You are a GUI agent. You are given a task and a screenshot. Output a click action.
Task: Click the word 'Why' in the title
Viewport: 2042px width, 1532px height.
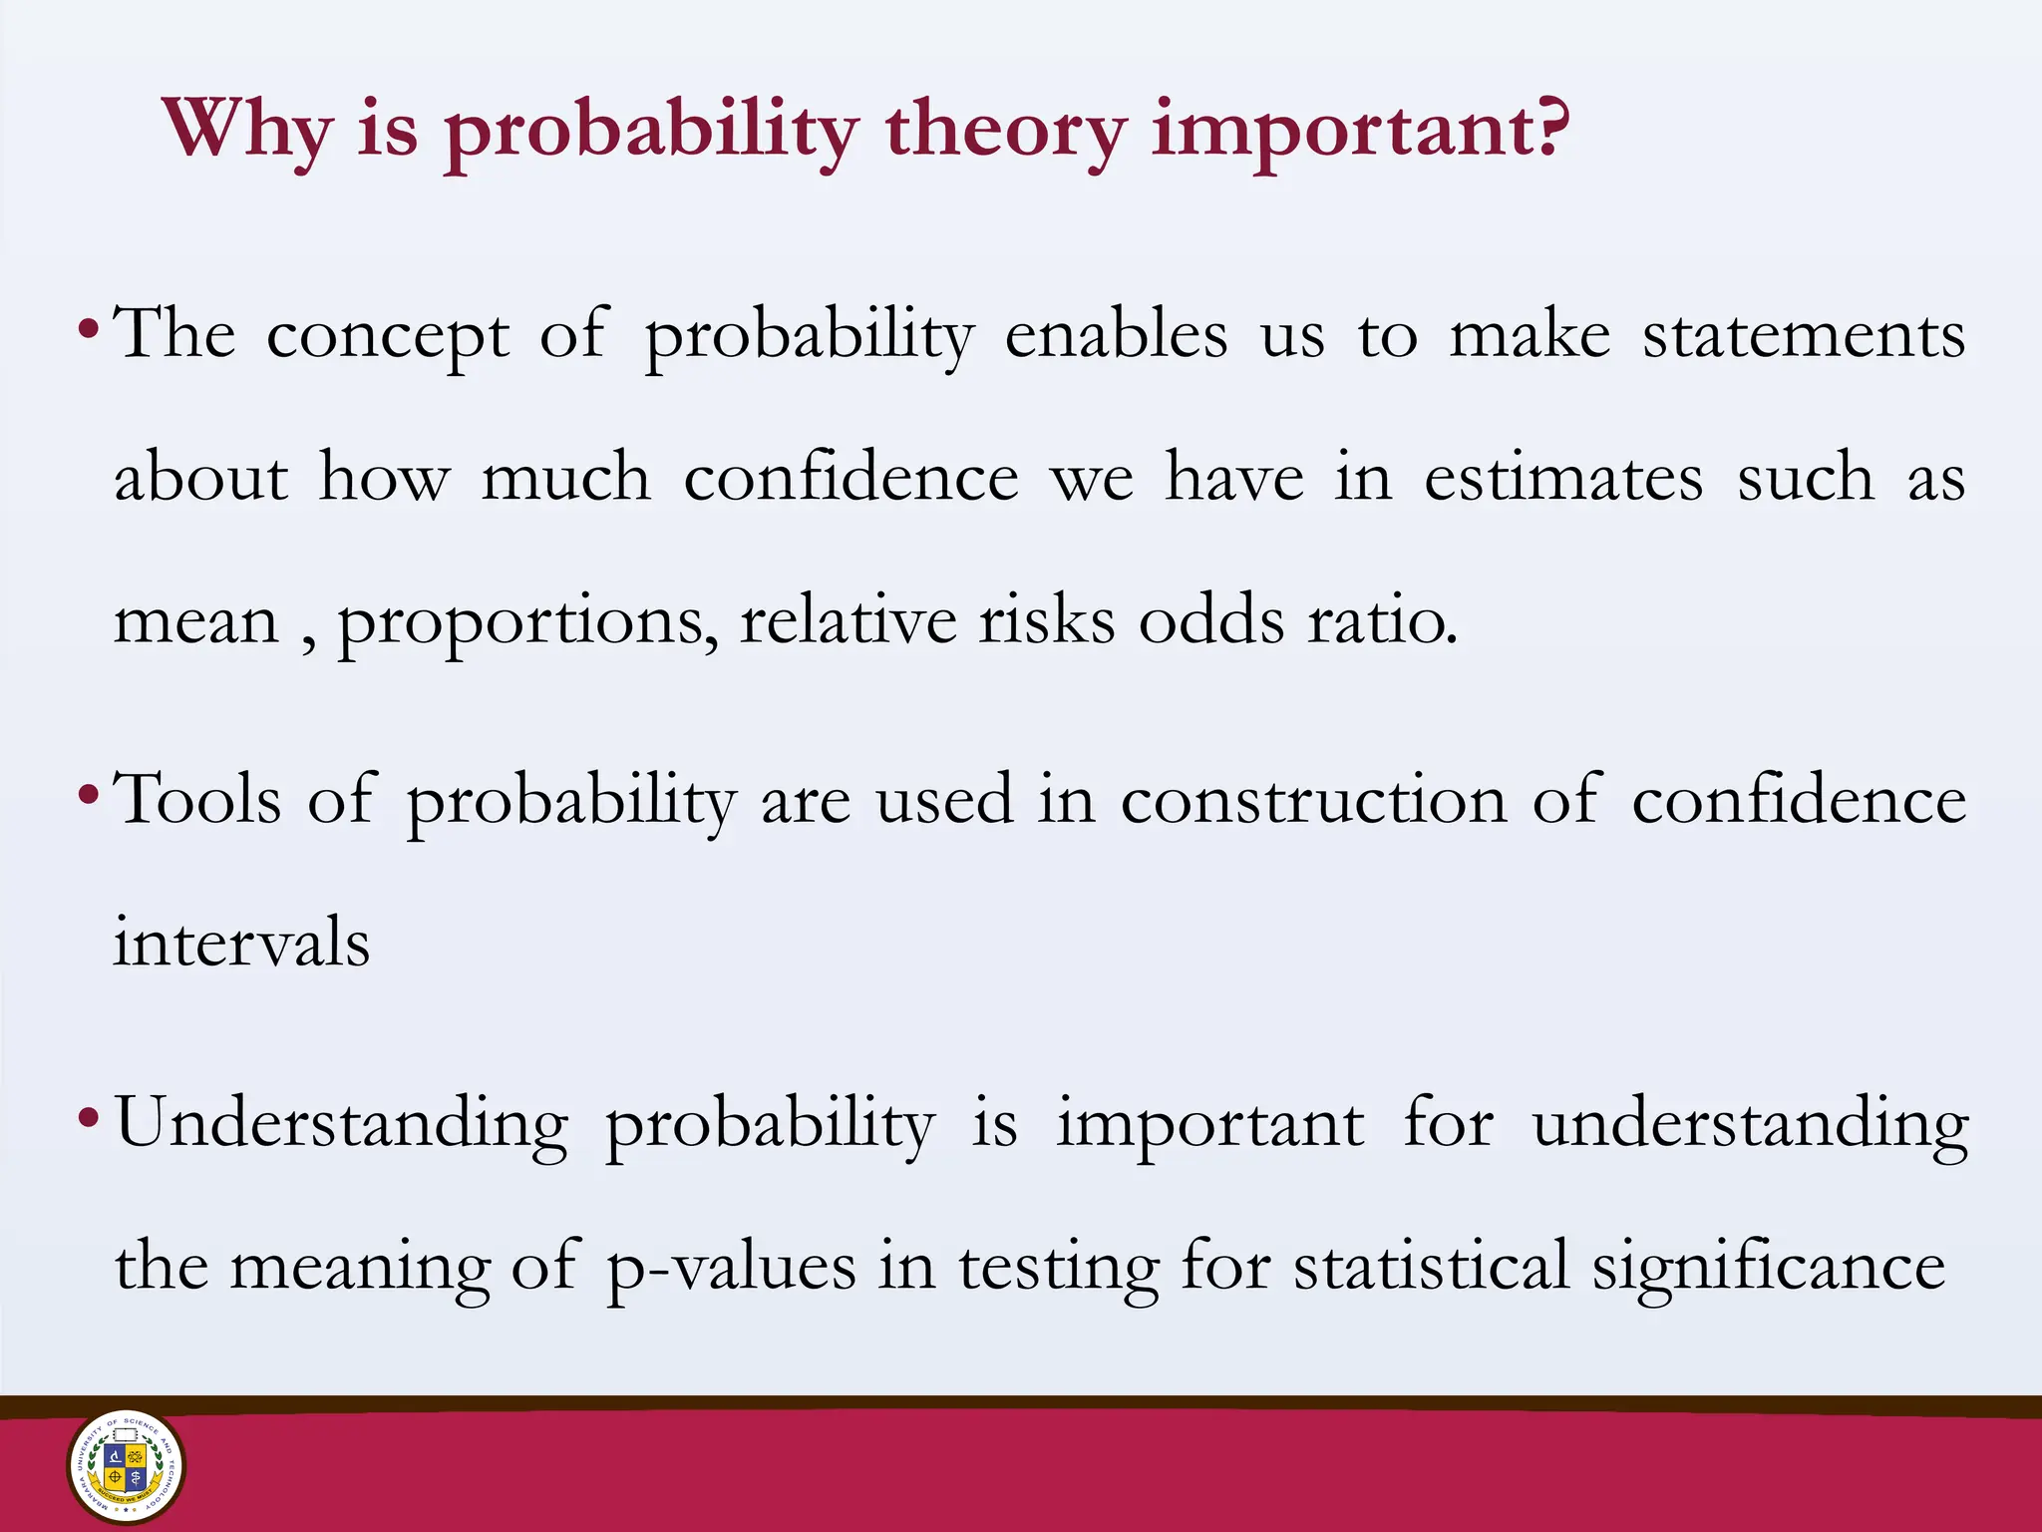246,130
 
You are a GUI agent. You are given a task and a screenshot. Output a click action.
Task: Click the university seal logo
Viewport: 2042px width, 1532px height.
126,1467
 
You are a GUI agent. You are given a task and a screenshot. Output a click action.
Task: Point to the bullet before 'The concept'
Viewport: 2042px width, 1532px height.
89,328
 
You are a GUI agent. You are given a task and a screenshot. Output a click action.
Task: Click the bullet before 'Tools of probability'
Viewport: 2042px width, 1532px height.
89,795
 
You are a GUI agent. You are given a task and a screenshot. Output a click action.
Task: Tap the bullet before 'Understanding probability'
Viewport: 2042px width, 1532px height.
89,1118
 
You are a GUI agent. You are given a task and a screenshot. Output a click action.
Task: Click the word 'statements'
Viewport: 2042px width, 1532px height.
1804,335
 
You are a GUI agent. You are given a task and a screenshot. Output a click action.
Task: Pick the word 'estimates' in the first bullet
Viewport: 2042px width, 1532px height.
1563,478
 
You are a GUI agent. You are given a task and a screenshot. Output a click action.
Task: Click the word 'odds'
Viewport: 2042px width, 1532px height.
1211,620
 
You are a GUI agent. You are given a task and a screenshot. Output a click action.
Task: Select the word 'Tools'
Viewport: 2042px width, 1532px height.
197,800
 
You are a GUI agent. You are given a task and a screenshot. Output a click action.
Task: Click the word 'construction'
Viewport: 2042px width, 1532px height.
1314,800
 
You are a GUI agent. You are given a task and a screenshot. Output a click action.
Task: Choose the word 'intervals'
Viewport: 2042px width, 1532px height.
241,943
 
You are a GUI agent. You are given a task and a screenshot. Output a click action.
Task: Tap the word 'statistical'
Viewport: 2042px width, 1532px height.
1431,1267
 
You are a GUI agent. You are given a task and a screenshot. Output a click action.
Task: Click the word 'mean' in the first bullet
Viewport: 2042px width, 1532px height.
196,622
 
